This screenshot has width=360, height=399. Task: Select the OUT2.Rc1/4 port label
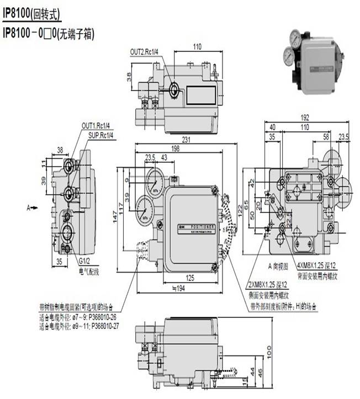[x=144, y=52]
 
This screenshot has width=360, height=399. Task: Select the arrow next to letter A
[x=35, y=208]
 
